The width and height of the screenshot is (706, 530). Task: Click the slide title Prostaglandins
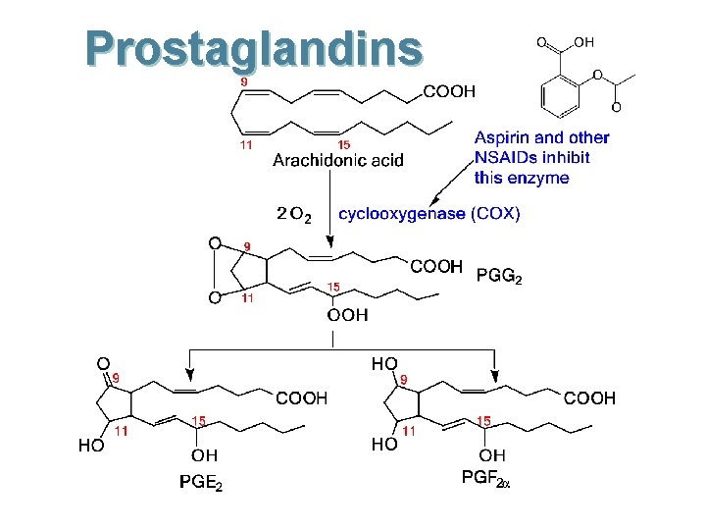click(253, 49)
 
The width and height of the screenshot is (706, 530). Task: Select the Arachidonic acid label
click(337, 160)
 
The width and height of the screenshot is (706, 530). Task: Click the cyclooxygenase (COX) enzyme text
click(429, 213)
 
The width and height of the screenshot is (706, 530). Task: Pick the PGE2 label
click(201, 483)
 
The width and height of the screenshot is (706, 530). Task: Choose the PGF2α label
click(486, 478)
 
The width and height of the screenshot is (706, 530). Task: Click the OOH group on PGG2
click(347, 315)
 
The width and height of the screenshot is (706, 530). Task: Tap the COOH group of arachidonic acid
click(449, 91)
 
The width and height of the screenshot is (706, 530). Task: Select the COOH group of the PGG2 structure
click(436, 266)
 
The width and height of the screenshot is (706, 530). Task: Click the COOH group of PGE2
click(301, 398)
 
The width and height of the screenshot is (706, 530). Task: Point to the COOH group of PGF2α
click(589, 398)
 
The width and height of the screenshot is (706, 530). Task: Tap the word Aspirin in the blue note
click(503, 138)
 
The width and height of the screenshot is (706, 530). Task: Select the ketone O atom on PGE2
click(102, 362)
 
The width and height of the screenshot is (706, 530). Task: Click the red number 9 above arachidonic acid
click(243, 81)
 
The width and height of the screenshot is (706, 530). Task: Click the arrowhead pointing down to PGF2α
click(496, 374)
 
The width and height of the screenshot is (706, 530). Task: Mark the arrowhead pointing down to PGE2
click(190, 374)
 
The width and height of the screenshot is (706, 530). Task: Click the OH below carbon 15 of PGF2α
click(493, 455)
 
